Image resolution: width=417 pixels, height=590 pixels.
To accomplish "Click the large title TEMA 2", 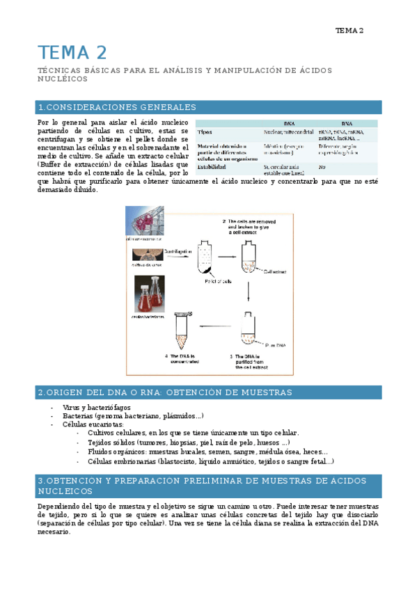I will click(x=72, y=52).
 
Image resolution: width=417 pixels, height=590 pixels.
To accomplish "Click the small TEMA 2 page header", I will click(x=349, y=31).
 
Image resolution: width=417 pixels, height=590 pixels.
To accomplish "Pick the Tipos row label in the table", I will click(x=206, y=131).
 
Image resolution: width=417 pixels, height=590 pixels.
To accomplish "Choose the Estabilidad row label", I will click(x=213, y=167).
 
